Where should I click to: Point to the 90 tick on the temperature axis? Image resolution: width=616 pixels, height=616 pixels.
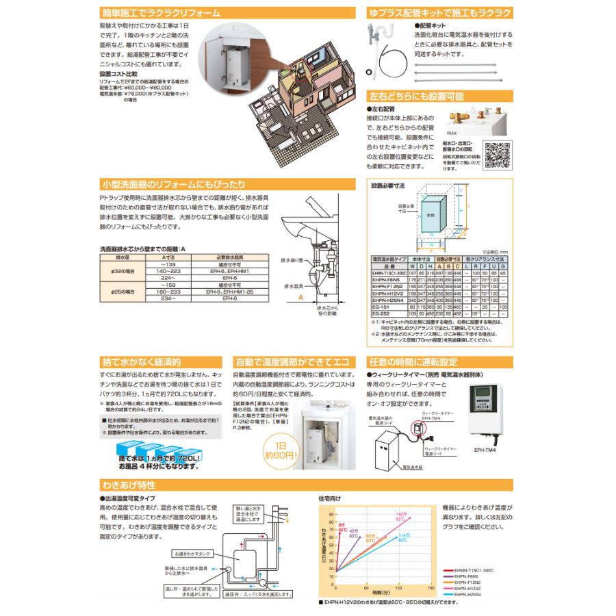click(332, 513)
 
